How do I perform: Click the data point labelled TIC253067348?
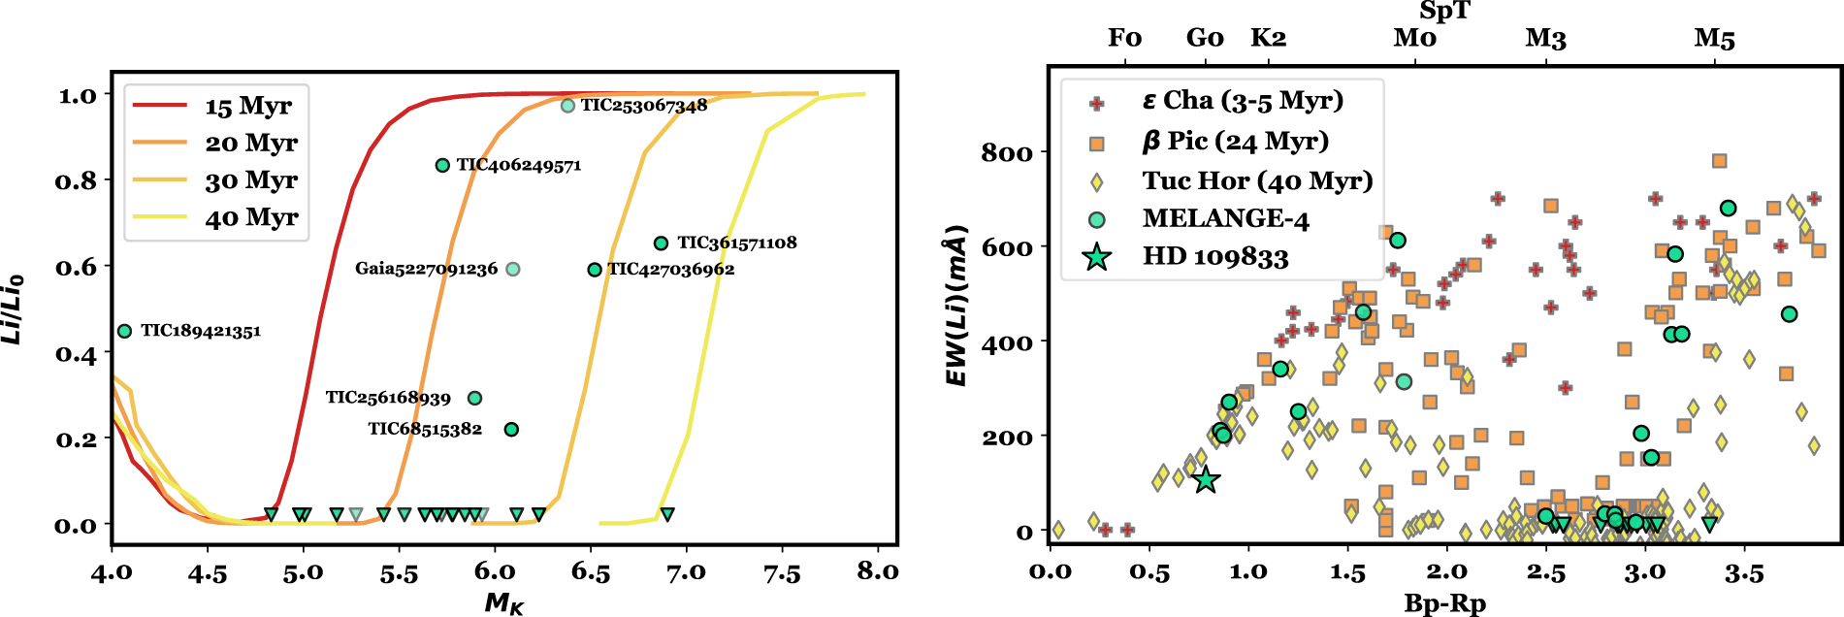coord(567,106)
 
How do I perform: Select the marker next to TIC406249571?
coord(442,165)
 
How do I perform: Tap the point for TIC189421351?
coord(124,331)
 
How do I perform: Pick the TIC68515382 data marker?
coord(511,429)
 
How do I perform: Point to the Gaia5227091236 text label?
coord(426,269)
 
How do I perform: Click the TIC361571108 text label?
coord(736,243)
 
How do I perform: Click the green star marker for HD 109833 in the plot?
coord(1205,480)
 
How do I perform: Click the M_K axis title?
coord(504,603)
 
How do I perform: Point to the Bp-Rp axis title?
coord(1444,603)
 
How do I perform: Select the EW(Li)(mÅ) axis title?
coord(957,307)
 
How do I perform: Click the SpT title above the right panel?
coord(1444,12)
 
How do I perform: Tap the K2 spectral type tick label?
coord(1268,39)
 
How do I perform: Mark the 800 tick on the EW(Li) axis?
coord(1007,153)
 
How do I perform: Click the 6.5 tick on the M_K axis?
coord(591,573)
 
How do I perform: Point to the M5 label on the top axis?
coord(1714,39)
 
